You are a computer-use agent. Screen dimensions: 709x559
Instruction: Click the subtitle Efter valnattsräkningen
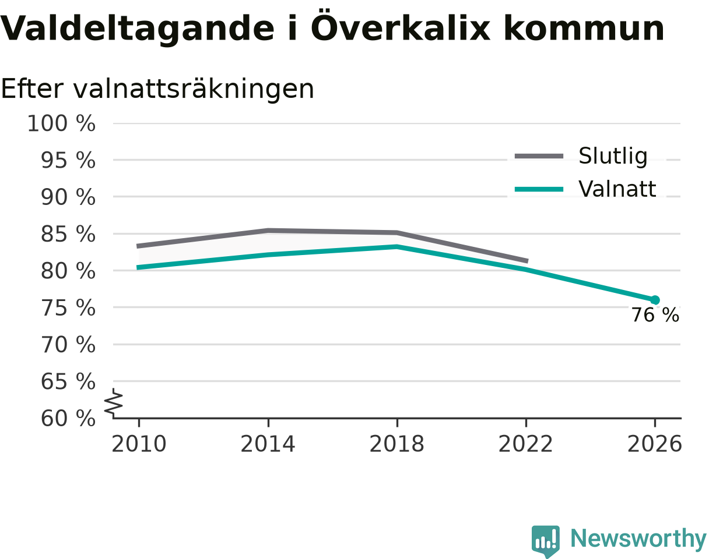pos(157,89)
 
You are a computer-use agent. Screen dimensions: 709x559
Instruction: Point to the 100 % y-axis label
pos(61,124)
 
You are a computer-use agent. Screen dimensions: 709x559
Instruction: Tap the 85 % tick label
pos(68,235)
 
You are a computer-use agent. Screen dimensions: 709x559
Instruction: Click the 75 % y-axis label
pos(68,308)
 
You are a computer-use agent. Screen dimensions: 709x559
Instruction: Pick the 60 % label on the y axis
pos(68,419)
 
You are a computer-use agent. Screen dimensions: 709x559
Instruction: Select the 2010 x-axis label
pos(139,444)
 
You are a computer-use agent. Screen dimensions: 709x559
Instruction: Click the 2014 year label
pos(268,444)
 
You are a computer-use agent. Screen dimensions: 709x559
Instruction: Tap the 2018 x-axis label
pos(396,444)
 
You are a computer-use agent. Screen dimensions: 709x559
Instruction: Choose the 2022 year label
pos(525,444)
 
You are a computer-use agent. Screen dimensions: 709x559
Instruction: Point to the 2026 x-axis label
pos(654,444)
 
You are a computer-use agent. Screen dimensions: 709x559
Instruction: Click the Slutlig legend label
pos(613,156)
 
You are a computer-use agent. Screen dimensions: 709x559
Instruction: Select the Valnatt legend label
pos(617,189)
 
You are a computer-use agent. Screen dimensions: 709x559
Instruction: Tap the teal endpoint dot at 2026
pos(655,300)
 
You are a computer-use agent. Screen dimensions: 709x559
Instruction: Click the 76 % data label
pos(655,315)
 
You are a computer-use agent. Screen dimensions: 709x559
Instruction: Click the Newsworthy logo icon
pos(546,540)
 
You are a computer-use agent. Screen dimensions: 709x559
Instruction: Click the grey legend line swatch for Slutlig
pos(539,156)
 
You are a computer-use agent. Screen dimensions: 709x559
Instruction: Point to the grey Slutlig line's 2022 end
pos(528,261)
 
